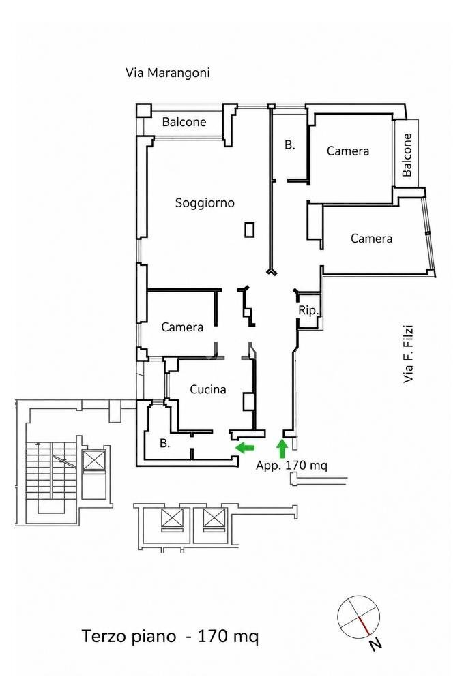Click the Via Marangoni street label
168,72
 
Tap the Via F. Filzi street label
408,354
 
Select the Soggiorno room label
205,203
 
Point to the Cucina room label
207,389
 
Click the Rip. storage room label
308,310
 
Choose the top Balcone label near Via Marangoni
184,121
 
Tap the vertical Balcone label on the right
407,155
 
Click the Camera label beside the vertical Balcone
348,151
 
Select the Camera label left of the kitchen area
182,327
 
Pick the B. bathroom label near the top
289,145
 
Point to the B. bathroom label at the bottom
165,443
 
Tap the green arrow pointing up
282,449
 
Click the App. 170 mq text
292,466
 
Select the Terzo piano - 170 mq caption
170,636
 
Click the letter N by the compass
375,643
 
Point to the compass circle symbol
359,616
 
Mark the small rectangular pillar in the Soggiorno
250,229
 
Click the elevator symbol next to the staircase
94,460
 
